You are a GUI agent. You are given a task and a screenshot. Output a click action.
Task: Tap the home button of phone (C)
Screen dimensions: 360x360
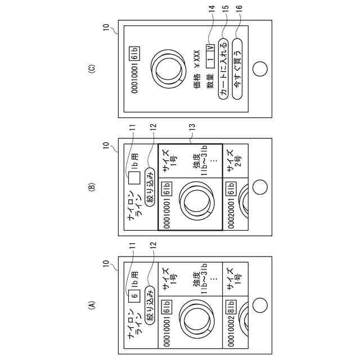point(259,69)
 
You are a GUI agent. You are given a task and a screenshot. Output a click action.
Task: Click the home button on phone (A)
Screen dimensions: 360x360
point(259,305)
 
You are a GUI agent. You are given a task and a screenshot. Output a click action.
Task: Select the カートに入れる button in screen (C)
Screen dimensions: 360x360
point(223,70)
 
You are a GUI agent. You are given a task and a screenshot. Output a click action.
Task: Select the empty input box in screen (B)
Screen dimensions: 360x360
point(134,179)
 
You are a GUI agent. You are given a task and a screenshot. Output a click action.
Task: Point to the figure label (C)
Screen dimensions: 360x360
point(93,69)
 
